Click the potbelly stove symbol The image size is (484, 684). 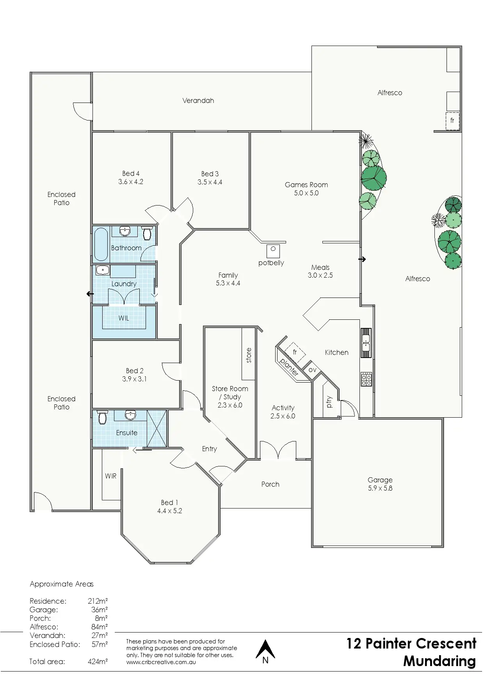pyautogui.click(x=273, y=250)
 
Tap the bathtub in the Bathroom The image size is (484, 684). pyautogui.click(x=101, y=245)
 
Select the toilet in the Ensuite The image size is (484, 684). pyautogui.click(x=103, y=417)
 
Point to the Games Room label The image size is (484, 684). pyautogui.click(x=306, y=185)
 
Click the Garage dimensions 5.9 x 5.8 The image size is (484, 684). pyautogui.click(x=380, y=488)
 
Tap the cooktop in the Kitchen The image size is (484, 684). pyautogui.click(x=367, y=379)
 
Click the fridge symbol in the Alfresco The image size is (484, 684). pyautogui.click(x=452, y=121)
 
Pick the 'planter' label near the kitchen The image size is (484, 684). pyautogui.click(x=289, y=367)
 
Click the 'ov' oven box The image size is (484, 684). pyautogui.click(x=312, y=369)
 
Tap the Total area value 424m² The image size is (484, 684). pyautogui.click(x=98, y=661)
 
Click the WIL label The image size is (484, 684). pyautogui.click(x=124, y=318)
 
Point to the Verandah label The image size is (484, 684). pyautogui.click(x=198, y=101)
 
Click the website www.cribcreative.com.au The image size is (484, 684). pyautogui.click(x=161, y=662)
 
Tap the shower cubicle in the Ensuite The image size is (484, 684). pyautogui.click(x=157, y=428)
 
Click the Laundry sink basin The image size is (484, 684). pyautogui.click(x=102, y=269)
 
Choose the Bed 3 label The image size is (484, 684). pyautogui.click(x=210, y=174)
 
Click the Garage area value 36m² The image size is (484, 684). pyautogui.click(x=99, y=610)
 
